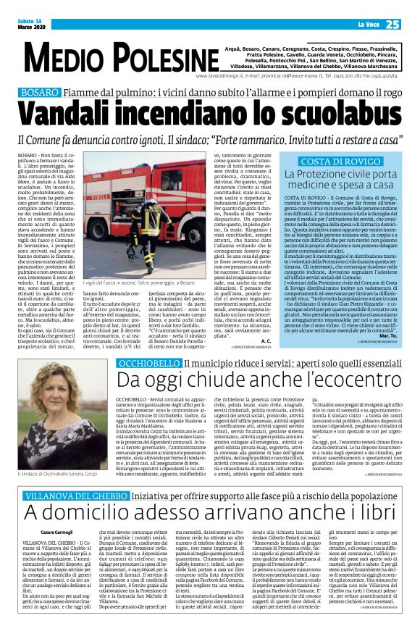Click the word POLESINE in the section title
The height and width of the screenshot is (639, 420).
[160, 57]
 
